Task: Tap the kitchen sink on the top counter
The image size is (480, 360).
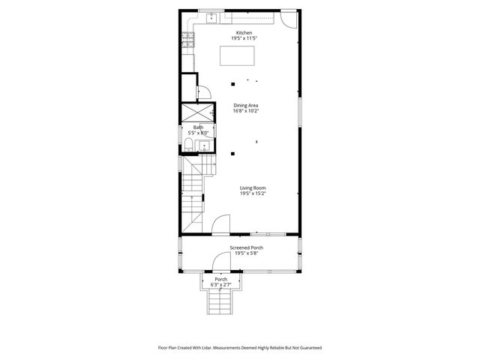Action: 211,16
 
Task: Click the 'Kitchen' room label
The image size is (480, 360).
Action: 244,33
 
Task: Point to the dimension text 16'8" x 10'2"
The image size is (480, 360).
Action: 245,111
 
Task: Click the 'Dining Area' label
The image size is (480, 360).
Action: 245,105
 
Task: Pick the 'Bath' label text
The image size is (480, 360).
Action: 198,127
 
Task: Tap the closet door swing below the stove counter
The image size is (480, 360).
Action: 202,92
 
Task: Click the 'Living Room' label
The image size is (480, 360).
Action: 253,187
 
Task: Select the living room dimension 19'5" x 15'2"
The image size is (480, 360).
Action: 253,193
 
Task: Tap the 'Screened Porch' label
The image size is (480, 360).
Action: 247,247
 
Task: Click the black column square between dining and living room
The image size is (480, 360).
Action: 232,154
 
